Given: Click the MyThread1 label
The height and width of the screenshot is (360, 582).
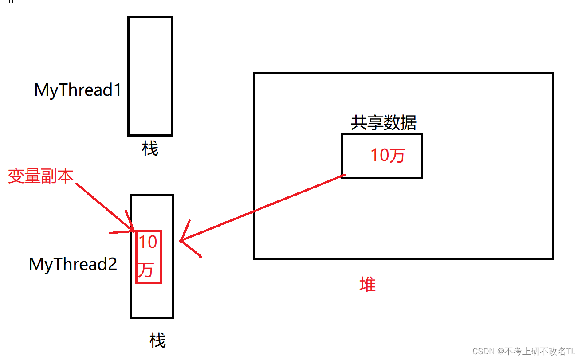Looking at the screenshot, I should pos(78,90).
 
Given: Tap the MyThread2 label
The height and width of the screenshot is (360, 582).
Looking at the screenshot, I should pos(73,264).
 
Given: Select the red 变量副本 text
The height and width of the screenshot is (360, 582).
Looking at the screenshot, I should pos(40,176).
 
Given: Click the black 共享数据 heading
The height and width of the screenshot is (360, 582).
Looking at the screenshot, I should pos(383,123).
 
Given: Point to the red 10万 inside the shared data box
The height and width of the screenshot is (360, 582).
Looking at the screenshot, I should pos(388,156).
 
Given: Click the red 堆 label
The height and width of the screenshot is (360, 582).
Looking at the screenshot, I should pos(367,284).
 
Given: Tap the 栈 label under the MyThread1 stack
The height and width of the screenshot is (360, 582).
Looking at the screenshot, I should pos(150,149).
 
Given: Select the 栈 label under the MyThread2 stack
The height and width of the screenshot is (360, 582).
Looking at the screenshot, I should pos(157,341).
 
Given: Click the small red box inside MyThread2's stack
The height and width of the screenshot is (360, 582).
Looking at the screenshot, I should pos(149,257).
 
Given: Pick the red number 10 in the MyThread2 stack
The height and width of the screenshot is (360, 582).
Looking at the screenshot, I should pos(148,243).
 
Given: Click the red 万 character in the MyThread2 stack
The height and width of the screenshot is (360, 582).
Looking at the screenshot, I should pos(146,270).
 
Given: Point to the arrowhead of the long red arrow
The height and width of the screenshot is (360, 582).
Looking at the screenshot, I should pos(182,241).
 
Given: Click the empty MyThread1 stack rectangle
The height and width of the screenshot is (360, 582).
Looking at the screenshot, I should pos(150,76).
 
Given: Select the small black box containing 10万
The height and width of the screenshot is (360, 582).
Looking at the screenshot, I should pos(381,156).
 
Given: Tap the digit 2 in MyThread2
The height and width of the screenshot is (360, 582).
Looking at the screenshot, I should pos(113,264).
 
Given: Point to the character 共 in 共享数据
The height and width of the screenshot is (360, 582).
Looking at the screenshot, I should pos(358,123).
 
